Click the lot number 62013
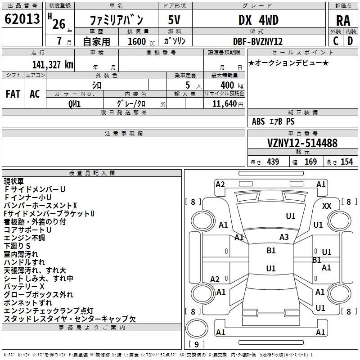[x=22, y=19]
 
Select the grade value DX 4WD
[x=258, y=20]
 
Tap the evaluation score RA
[x=343, y=21]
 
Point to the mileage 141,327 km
[x=53, y=64]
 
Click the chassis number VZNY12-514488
[x=302, y=143]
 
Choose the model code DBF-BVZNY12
[x=258, y=41]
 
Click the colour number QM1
[x=75, y=104]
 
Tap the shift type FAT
[x=13, y=94]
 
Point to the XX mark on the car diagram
[x=327, y=206]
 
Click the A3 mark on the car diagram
[x=284, y=237]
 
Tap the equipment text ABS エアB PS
[x=274, y=121]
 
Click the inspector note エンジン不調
[x=24, y=238]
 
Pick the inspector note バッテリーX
[x=24, y=287]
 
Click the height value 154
[x=346, y=162]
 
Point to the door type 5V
[x=175, y=20]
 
